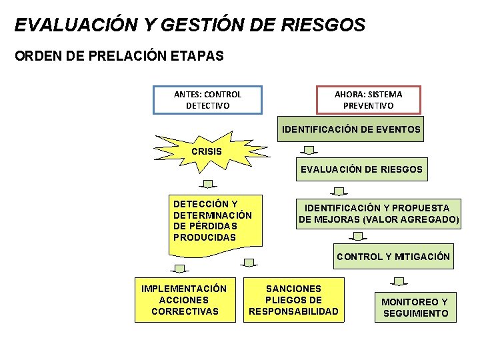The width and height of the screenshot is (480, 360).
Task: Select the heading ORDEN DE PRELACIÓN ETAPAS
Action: coord(119,57)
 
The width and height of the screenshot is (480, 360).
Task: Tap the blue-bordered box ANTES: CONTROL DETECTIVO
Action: coord(207,100)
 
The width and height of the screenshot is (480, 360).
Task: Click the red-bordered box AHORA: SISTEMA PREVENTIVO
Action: coord(368,100)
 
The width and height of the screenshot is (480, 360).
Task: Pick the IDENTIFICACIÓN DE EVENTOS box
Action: coord(351,129)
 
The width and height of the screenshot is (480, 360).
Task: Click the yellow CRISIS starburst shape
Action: coord(207,151)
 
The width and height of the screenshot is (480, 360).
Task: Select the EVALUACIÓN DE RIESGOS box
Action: coord(361,169)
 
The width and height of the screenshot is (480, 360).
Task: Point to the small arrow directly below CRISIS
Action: coord(209,183)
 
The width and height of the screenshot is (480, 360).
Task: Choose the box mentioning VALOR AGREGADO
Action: coord(379,213)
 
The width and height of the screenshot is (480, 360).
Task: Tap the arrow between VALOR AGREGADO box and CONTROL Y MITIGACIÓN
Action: coord(359,236)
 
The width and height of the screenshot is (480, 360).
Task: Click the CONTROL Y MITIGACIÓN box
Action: coord(393,257)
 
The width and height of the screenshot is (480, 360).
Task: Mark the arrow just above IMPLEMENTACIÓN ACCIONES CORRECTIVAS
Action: coord(179,269)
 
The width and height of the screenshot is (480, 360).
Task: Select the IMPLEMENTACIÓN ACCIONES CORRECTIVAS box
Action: coord(185,300)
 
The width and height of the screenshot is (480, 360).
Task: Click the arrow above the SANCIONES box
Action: coord(249,263)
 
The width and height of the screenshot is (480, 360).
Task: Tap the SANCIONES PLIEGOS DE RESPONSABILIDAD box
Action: coord(293,300)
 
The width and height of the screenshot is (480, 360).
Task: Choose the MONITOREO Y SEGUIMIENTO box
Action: coord(415,307)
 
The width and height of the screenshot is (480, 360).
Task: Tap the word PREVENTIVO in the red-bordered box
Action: coord(368,106)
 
